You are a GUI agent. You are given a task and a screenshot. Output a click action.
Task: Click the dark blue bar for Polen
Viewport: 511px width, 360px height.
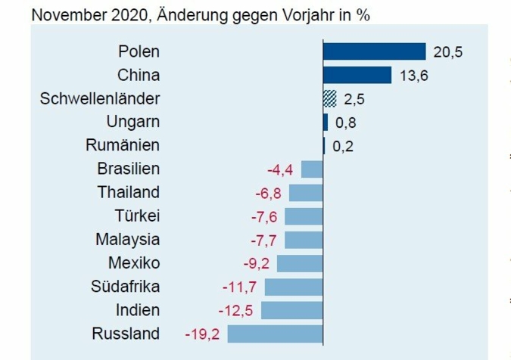click(x=374, y=51)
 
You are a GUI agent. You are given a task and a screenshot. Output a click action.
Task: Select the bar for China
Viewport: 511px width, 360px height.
click(x=357, y=75)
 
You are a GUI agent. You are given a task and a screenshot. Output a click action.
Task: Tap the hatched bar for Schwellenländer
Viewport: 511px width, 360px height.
click(x=329, y=98)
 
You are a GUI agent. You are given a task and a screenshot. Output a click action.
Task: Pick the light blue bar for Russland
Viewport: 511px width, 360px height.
click(x=275, y=334)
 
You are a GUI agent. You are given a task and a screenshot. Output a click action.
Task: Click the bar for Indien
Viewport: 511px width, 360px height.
click(x=291, y=310)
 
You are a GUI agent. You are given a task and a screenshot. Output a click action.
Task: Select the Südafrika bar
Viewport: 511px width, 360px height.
click(x=294, y=287)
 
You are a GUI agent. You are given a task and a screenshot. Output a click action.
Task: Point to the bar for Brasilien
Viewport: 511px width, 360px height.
click(x=312, y=169)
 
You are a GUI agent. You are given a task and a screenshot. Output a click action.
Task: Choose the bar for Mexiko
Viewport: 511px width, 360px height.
click(x=300, y=263)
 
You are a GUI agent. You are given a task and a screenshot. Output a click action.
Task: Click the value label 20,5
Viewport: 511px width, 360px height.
click(x=447, y=52)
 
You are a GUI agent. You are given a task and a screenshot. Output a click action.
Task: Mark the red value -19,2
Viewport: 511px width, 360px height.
click(x=202, y=334)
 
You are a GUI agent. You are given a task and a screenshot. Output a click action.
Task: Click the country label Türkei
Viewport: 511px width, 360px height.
click(x=137, y=216)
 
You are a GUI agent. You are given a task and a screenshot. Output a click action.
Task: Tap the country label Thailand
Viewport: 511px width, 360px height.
click(x=129, y=192)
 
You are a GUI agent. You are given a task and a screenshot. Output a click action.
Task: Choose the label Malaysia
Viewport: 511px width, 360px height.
click(x=127, y=240)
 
